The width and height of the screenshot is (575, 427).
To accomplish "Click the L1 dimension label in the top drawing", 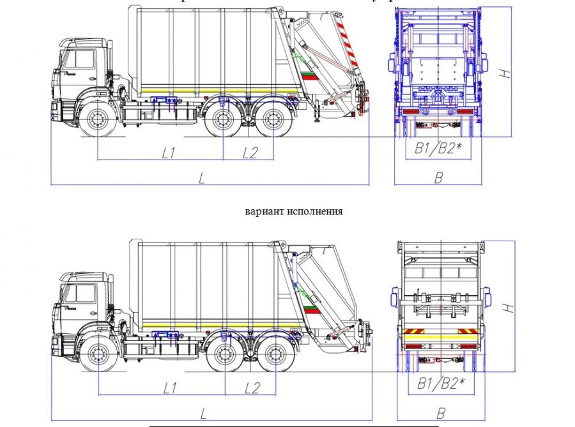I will (169, 153).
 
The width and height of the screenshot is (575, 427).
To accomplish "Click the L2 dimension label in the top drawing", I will (250, 153).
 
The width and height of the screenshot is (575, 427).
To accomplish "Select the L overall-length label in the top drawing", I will (202, 178).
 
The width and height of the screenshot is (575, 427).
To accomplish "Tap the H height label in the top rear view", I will (505, 72).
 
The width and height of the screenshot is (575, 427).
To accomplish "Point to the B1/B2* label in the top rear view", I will (439, 149).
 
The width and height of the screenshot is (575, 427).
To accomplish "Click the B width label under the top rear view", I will (438, 178).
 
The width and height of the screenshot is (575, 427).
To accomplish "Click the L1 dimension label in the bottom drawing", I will (170, 387).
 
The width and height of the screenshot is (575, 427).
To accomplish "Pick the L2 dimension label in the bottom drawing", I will (252, 387).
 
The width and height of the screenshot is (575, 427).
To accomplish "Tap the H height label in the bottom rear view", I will (507, 307).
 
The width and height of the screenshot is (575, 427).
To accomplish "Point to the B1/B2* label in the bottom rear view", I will (440, 383).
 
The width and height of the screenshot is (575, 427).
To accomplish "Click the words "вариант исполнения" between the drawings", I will (294, 211).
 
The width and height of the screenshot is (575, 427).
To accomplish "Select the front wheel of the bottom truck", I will (98, 354).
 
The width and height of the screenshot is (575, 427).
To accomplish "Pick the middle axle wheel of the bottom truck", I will (225, 354).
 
